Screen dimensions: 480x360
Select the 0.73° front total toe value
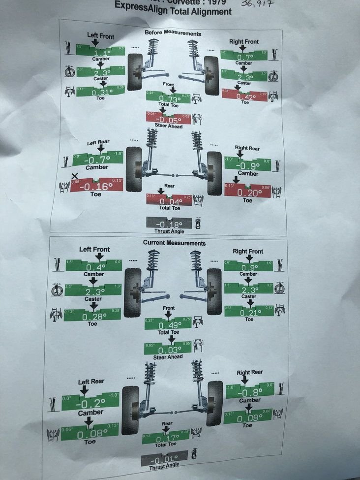point(168,98)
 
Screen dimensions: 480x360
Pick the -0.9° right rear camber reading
point(247,165)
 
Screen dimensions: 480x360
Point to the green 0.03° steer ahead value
point(167,349)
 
